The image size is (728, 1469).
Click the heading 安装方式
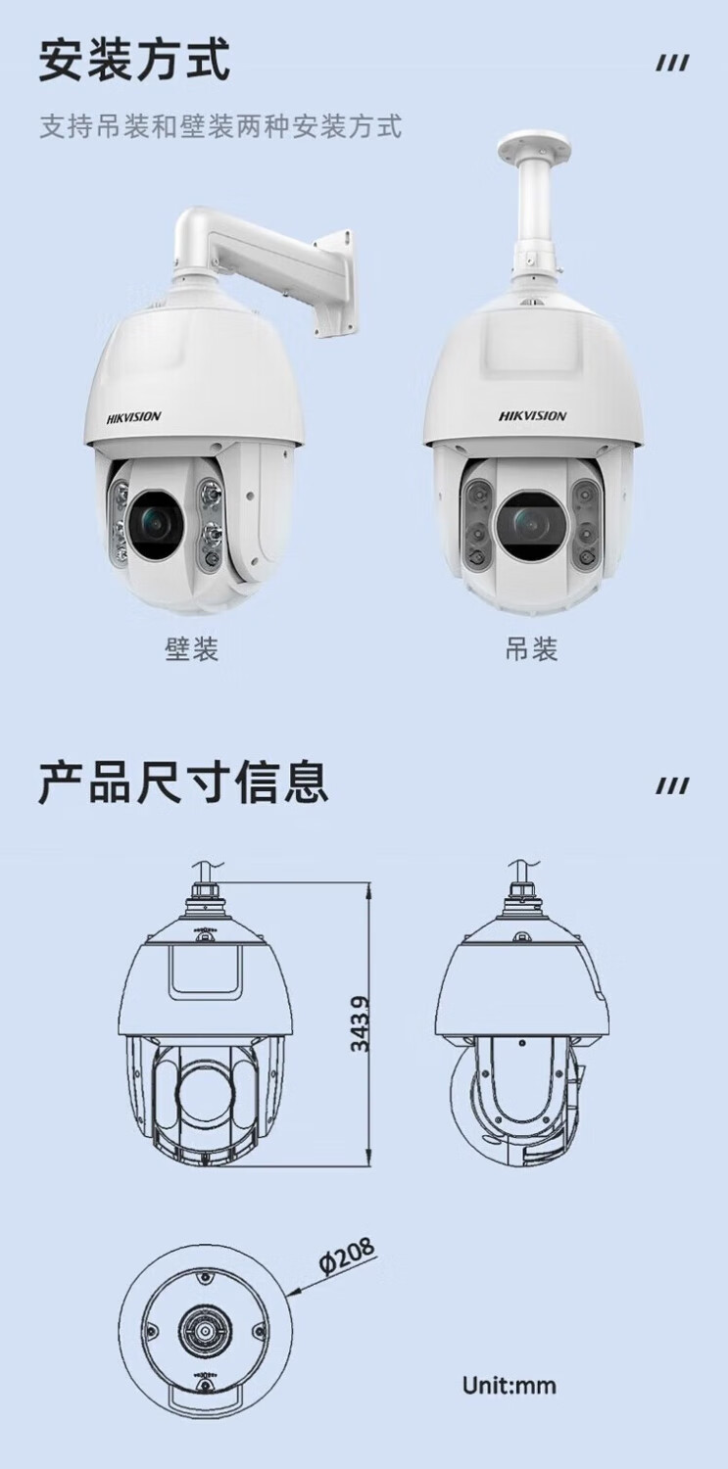(x=134, y=60)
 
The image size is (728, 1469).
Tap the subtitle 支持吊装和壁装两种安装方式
(x=220, y=126)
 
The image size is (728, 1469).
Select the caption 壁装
(x=191, y=648)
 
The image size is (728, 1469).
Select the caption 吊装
(x=531, y=648)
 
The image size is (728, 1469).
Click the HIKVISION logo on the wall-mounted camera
(x=134, y=416)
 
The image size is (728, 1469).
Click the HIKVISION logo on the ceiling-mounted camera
(x=532, y=416)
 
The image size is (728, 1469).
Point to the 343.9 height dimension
(x=359, y=1023)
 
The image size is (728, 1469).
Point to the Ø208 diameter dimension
(x=347, y=1256)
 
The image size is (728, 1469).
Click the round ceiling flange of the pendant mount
(x=537, y=146)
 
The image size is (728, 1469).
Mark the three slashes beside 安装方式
(x=673, y=64)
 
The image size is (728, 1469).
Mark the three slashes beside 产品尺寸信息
(x=673, y=785)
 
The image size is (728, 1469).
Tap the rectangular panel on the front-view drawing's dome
(x=206, y=973)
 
